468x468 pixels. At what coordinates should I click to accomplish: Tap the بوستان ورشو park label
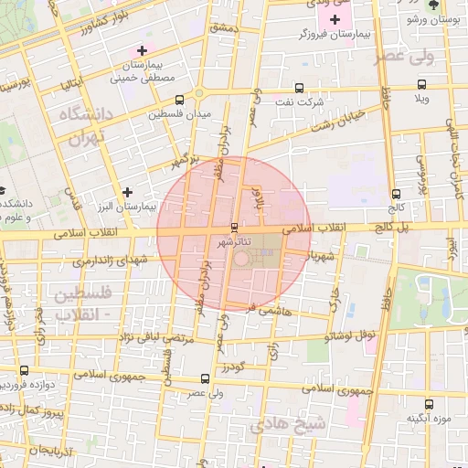445,18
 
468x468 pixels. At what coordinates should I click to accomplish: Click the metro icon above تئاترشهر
235,227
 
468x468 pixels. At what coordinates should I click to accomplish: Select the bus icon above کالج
396,194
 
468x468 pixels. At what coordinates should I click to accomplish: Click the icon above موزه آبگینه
430,403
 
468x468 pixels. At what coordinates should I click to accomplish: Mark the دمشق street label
222,28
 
